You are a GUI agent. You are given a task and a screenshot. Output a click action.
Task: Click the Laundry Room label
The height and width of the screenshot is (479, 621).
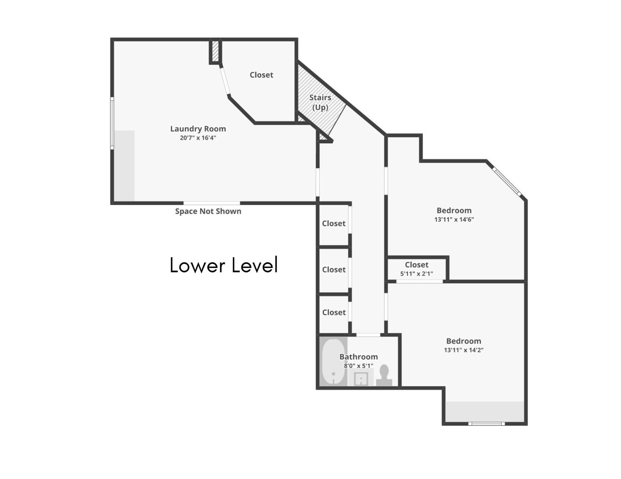[198, 129]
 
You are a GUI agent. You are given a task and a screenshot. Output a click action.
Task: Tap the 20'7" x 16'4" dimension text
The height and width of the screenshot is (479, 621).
[198, 138]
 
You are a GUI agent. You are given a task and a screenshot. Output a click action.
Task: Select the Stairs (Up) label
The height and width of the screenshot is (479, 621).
[320, 102]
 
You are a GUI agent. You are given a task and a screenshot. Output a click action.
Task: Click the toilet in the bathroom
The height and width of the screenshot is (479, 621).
[384, 375]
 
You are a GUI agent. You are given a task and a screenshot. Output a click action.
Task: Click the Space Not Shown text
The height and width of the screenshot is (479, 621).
[208, 211]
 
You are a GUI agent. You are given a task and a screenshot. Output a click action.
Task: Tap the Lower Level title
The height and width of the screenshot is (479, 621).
[224, 265]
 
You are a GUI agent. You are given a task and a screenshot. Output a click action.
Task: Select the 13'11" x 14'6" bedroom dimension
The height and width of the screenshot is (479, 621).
[454, 219]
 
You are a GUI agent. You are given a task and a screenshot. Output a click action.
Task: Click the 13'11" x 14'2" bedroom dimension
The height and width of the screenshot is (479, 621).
[463, 350]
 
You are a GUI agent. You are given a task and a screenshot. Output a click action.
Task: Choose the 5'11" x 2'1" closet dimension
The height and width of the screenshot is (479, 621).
[416, 274]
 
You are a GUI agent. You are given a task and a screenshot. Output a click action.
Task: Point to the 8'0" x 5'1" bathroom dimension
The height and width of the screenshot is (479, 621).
[358, 366]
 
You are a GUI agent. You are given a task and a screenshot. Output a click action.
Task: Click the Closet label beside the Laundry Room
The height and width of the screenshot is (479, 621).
[261, 75]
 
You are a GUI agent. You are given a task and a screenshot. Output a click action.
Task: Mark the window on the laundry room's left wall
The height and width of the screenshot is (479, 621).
[112, 123]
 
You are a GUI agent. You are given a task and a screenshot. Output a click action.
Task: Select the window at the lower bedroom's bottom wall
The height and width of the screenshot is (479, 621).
[487, 424]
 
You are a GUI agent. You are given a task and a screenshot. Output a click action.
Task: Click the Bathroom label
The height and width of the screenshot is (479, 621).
[359, 357]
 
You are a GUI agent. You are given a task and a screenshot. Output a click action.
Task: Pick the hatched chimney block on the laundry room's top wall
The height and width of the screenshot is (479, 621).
[215, 52]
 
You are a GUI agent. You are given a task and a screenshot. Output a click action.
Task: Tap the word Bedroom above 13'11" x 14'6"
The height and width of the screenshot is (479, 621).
[454, 210]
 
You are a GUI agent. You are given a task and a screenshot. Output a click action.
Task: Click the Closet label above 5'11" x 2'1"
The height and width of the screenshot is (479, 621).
[416, 265]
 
